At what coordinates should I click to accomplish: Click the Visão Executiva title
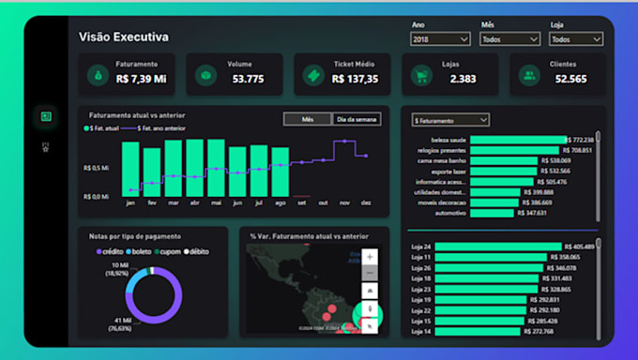tap(124, 37)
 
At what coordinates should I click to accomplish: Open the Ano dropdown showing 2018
tap(440, 39)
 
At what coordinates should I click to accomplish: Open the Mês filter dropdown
tap(509, 39)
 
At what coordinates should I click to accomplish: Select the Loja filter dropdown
tap(576, 39)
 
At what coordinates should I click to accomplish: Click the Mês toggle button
tap(306, 119)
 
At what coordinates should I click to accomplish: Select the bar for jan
tap(129, 170)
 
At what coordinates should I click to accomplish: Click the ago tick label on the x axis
tap(280, 202)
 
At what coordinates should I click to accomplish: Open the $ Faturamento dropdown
tap(450, 120)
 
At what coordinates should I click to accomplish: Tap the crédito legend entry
tap(113, 251)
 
